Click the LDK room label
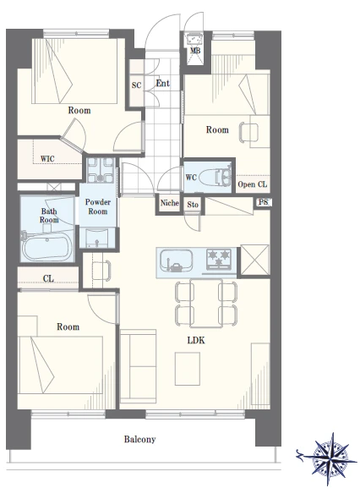[196, 341]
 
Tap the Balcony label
[140, 440]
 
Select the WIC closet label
[47, 158]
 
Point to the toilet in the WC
[215, 178]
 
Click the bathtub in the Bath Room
[47, 245]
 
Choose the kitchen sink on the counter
[176, 260]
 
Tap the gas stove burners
[219, 257]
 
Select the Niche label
[170, 203]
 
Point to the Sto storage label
[193, 205]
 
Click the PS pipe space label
[264, 202]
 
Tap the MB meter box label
[195, 50]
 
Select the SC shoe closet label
[136, 85]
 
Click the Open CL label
[253, 184]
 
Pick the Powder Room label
[98, 207]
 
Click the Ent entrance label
[163, 84]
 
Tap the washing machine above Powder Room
[101, 170]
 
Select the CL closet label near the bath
[48, 279]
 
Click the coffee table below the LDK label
[188, 369]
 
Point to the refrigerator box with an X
[254, 260]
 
